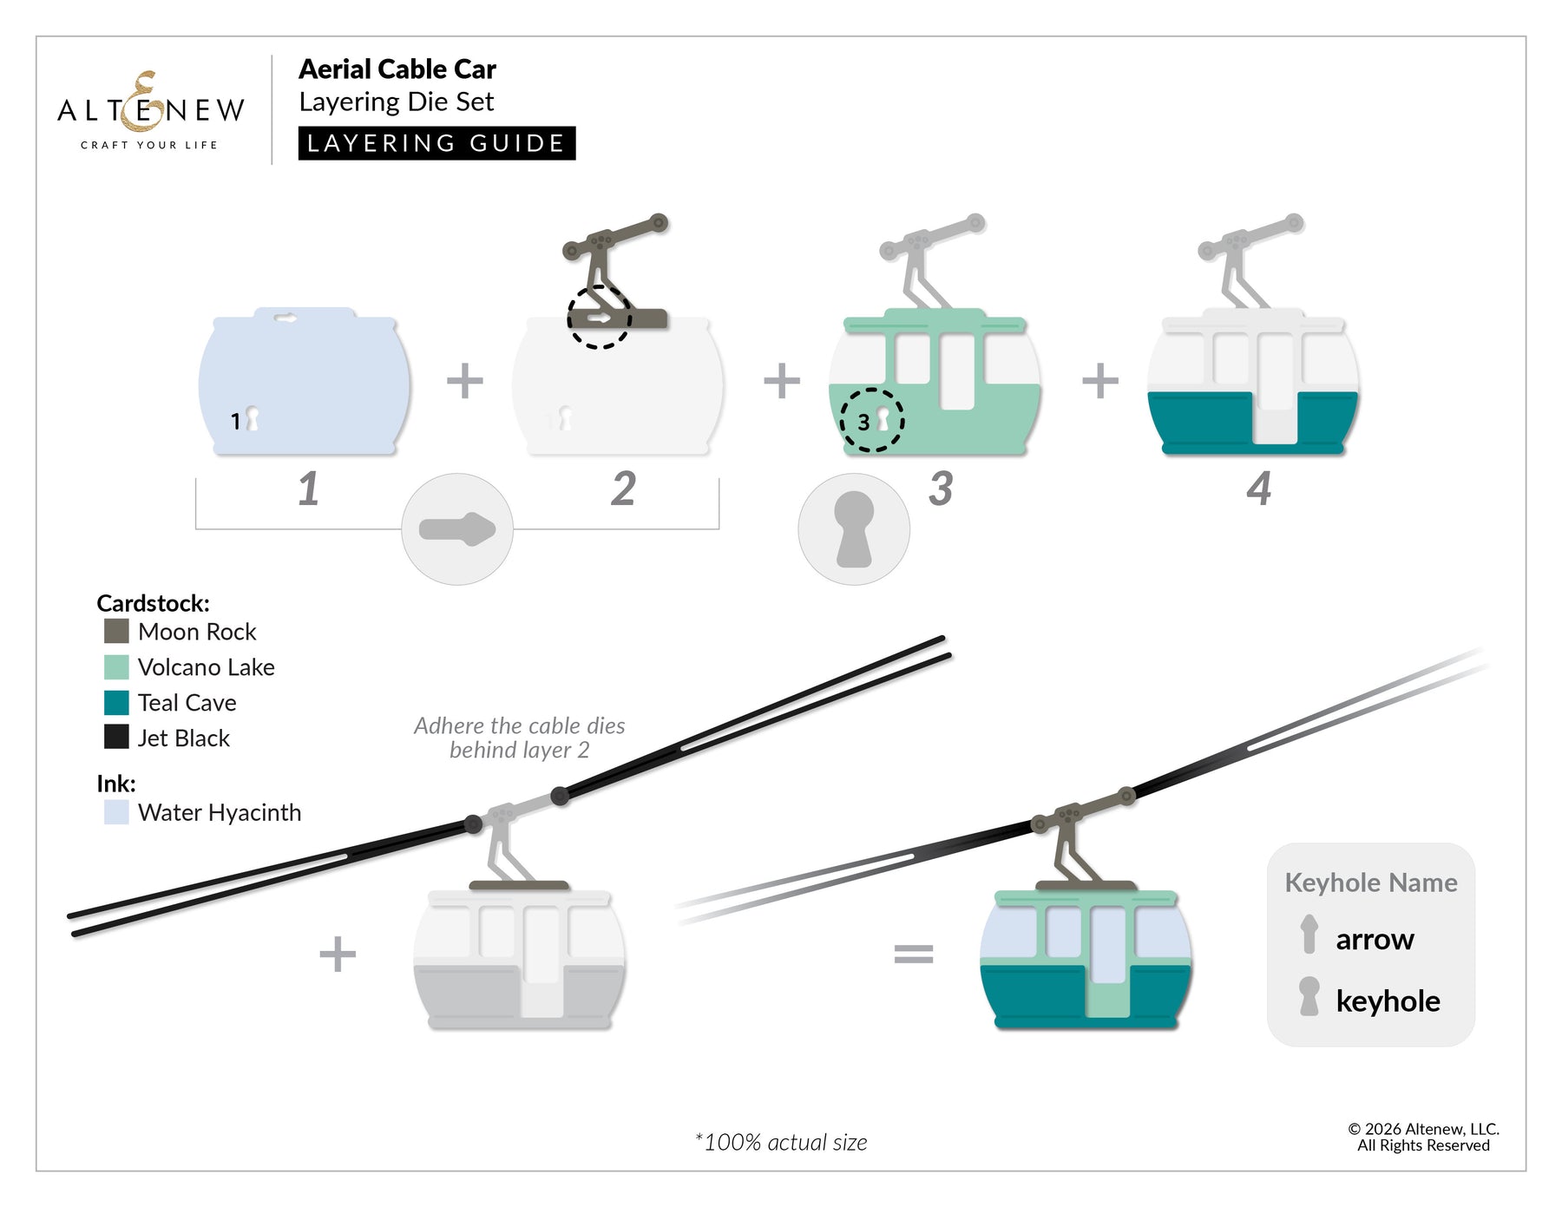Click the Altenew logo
151,111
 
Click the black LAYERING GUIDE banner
436,143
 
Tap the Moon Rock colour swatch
116,631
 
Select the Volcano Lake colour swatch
116,666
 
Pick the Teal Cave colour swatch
116,702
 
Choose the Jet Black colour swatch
116,737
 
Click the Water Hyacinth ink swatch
116,812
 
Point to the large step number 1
309,489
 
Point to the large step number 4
1259,489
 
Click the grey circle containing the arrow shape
457,529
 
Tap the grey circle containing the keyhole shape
854,529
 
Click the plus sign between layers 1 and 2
465,381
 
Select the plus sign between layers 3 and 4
1100,381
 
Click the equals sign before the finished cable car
914,954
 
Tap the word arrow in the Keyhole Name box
1375,940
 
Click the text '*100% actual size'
781,1143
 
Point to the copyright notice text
1423,1137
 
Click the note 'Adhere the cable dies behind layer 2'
519,738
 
